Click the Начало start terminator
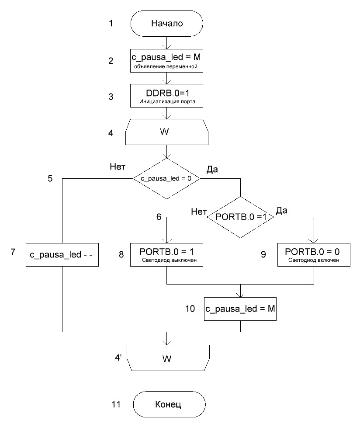coord(167,23)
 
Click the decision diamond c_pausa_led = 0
coord(166,178)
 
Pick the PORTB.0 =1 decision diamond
coord(239,218)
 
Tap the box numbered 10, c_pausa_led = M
coord(240,308)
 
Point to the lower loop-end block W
coord(167,359)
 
